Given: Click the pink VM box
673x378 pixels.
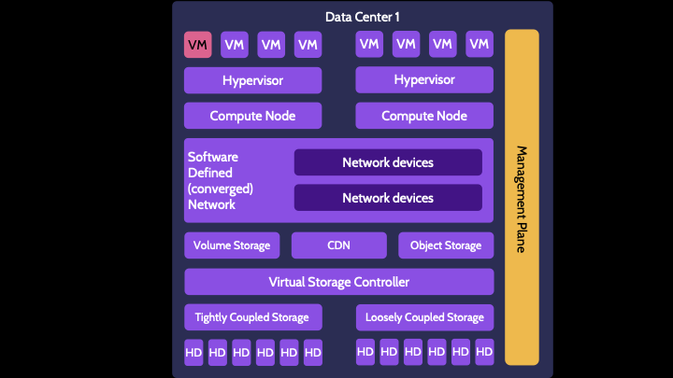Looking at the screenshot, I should pyautogui.click(x=197, y=44).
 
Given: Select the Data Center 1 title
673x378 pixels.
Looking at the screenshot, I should pyautogui.click(x=363, y=18).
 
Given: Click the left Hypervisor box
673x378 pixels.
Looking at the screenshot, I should pyautogui.click(x=252, y=80).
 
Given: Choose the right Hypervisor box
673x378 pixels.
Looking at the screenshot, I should pyautogui.click(x=424, y=80).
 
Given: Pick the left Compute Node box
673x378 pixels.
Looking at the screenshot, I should pyautogui.click(x=252, y=116).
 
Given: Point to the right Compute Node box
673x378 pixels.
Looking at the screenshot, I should pyautogui.click(x=424, y=116).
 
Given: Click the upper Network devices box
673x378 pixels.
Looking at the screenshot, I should pyautogui.click(x=388, y=162).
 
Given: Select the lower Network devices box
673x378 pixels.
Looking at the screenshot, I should pyautogui.click(x=388, y=198).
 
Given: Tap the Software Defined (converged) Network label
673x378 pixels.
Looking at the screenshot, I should pyautogui.click(x=221, y=180).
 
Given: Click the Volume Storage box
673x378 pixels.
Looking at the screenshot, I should pyautogui.click(x=232, y=245).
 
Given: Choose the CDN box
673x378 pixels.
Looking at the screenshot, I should pyautogui.click(x=338, y=245).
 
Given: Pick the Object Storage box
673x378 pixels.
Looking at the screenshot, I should pyautogui.click(x=446, y=245).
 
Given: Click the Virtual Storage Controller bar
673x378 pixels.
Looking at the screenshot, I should pyautogui.click(x=338, y=282).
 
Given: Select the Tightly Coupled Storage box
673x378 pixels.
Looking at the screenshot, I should pyautogui.click(x=252, y=317).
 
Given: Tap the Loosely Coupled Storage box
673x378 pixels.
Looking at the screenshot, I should pyautogui.click(x=424, y=317).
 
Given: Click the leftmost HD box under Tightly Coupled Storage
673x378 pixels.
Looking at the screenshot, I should pyautogui.click(x=193, y=352).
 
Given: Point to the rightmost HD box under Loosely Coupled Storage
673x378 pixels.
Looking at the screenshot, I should pyautogui.click(x=484, y=352).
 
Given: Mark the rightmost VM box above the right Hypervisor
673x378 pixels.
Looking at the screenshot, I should pyautogui.click(x=480, y=44).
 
